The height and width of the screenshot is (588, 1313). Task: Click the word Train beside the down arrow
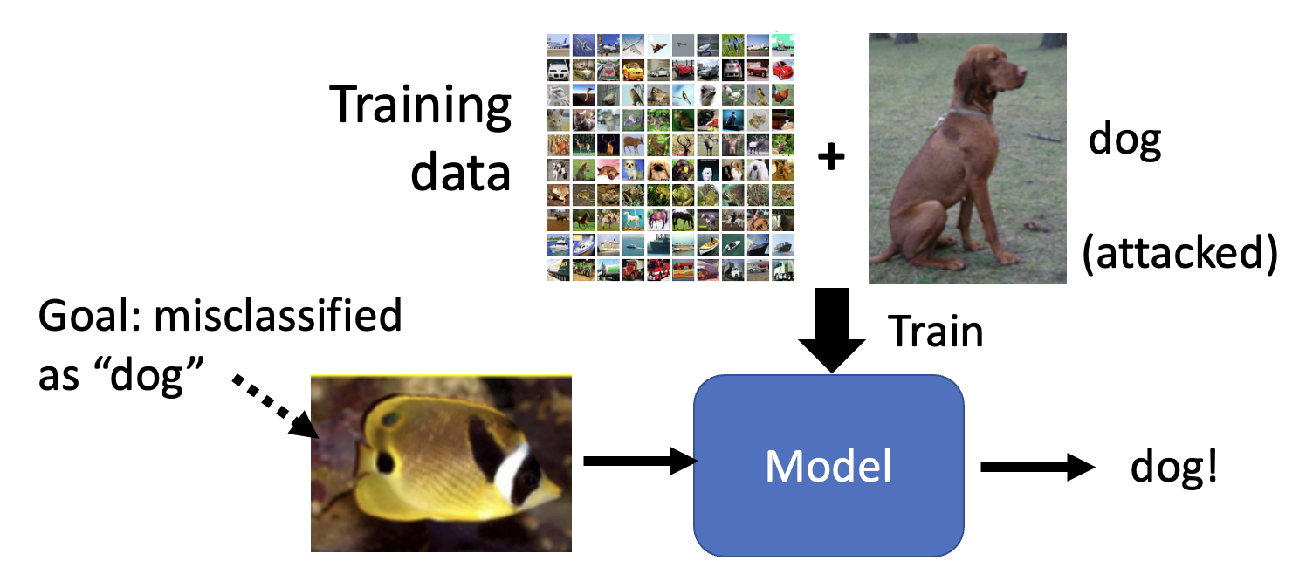pyautogui.click(x=935, y=332)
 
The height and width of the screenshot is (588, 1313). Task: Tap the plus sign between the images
pyautogui.click(x=831, y=158)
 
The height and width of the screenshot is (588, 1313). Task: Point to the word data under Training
pyautogui.click(x=460, y=171)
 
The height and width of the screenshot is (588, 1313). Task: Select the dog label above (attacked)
pyautogui.click(x=1124, y=141)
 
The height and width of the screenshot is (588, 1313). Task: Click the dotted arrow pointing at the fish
pyautogui.click(x=275, y=405)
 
